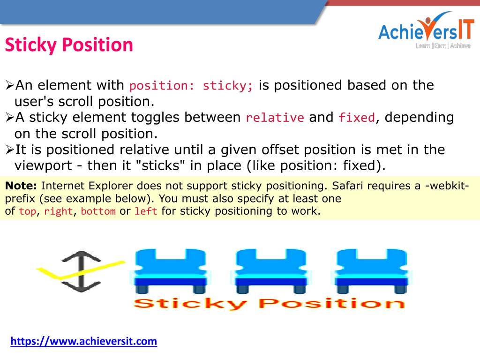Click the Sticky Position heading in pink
(x=69, y=45)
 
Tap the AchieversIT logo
(x=426, y=30)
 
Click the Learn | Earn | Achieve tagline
(x=442, y=45)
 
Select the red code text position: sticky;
(x=191, y=85)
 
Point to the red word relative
(x=275, y=118)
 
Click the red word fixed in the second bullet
(x=357, y=118)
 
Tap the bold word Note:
(x=21, y=186)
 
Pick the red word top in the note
(x=28, y=211)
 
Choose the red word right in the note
(x=59, y=211)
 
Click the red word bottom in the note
(x=98, y=211)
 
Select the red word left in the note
(x=146, y=211)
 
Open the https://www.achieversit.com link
(x=83, y=341)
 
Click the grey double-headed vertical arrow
(x=81, y=271)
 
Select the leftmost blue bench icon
(x=170, y=271)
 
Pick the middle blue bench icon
(x=271, y=271)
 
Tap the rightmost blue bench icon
(x=372, y=271)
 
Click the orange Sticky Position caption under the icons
(x=270, y=304)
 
